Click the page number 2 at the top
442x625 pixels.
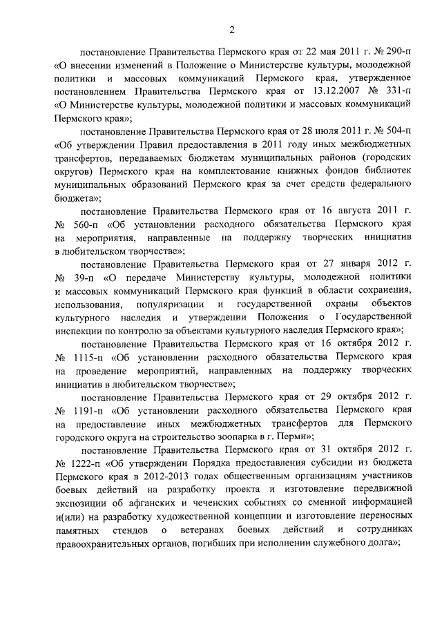coord(233,28)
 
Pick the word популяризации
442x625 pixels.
coord(170,305)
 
